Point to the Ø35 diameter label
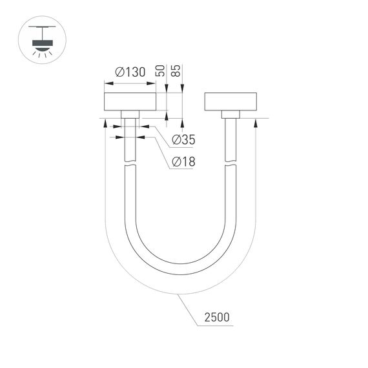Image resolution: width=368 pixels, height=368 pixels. [184, 139]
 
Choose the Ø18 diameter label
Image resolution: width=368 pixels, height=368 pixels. [184, 161]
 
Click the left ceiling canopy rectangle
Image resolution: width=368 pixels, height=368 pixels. [130, 102]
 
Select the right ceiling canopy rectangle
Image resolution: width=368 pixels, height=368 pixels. [230, 102]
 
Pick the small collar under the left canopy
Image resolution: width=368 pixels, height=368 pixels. [130, 114]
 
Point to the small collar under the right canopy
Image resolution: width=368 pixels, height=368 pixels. [230, 114]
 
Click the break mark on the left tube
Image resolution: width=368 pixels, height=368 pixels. [130, 165]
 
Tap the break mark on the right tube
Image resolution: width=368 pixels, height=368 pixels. [230, 165]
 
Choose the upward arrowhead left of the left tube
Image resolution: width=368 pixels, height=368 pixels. [105, 123]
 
